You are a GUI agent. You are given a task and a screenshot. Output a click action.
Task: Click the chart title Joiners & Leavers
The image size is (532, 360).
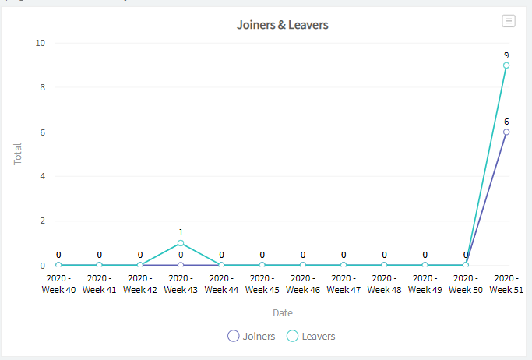282,25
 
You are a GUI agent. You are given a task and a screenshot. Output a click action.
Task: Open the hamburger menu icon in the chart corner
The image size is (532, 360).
509,21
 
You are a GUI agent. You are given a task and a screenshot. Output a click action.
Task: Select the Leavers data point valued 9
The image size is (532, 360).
506,65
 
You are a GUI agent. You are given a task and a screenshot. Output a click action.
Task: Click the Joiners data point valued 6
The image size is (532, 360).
506,132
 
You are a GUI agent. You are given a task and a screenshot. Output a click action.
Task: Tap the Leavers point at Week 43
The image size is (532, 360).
181,243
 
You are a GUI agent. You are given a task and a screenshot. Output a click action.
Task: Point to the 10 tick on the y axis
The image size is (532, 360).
41,43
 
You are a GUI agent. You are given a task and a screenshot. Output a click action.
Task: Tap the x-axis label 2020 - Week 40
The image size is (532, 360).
58,284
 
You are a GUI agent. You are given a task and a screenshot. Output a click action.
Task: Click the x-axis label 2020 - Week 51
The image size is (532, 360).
506,284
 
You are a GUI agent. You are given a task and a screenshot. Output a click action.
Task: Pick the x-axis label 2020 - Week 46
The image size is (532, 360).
303,284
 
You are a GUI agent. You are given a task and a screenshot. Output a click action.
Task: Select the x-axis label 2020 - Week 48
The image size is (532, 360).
384,284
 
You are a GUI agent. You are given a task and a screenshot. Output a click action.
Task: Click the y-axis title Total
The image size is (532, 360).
18,154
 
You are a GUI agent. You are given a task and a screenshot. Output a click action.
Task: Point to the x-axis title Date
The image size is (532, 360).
282,312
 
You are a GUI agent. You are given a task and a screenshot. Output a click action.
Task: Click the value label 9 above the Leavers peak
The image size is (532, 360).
506,55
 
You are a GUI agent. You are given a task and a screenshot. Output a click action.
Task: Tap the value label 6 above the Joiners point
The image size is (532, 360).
506,122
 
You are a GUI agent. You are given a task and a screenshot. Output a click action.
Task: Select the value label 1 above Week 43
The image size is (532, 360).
181,232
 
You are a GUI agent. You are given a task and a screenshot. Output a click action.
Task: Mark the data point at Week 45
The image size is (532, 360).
262,266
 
